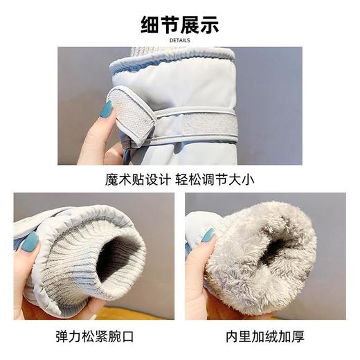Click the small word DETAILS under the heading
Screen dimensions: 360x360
click(x=180, y=40)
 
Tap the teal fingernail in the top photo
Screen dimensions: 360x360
click(x=106, y=109)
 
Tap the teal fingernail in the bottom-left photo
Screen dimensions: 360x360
click(x=30, y=242)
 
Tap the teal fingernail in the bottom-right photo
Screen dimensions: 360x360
click(x=208, y=235)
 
